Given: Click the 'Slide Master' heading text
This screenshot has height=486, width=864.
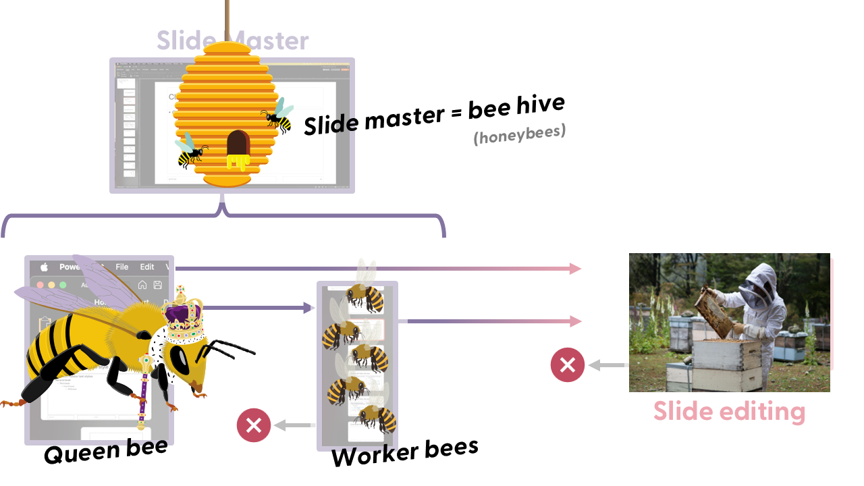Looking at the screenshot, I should [x=232, y=40].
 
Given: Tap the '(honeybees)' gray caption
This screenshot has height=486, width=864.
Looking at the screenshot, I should [x=518, y=134].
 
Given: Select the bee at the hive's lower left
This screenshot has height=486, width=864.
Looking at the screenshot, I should [x=190, y=152].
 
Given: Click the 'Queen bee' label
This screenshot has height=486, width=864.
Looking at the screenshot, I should [x=105, y=452].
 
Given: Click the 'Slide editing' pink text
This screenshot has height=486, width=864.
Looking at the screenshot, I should [x=729, y=411].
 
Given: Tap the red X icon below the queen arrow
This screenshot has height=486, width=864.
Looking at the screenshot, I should [x=254, y=425].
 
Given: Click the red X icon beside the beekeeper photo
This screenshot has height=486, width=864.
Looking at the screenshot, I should [x=568, y=365].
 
